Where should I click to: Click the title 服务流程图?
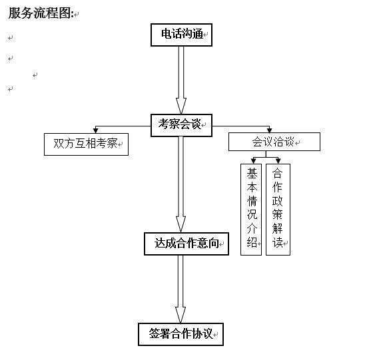(39, 13)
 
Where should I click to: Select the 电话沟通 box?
(181, 35)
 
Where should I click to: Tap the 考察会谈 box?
(181, 125)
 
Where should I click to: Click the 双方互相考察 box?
(86, 144)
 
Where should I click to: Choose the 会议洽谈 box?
(274, 142)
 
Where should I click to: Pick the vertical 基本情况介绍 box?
(251, 210)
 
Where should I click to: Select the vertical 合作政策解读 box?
(278, 210)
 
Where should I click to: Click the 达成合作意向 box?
(186, 244)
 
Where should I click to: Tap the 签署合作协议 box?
(181, 334)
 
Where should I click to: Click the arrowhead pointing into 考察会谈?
(181, 106)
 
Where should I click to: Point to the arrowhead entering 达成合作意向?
(181, 224)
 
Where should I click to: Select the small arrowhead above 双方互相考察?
(96, 130)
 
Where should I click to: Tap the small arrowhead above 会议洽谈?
(269, 130)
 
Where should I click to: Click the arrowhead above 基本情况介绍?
(253, 161)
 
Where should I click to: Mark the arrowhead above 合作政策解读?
(278, 161)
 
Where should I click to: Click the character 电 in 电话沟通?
(167, 33)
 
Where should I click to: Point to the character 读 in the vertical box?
(277, 242)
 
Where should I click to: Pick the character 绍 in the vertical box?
(252, 242)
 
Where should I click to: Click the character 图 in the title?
(65, 13)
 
